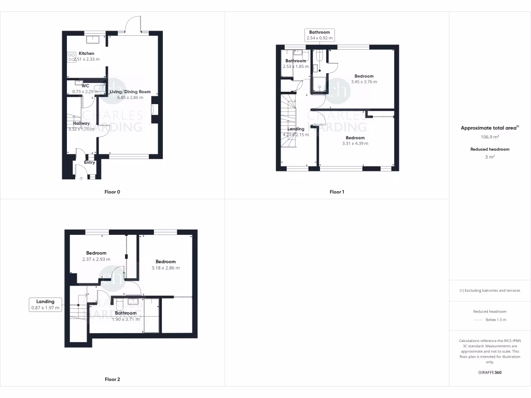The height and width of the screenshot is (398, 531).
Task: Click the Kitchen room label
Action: pyautogui.click(x=87, y=53)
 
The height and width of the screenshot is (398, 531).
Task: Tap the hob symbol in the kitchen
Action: pyautogui.click(x=72, y=56)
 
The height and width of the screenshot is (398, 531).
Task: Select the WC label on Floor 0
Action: pyautogui.click(x=78, y=86)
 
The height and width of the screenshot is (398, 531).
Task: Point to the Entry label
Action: pyautogui.click(x=90, y=162)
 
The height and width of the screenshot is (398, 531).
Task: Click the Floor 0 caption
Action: pyautogui.click(x=112, y=192)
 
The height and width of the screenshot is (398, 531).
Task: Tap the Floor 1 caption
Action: pyautogui.click(x=337, y=192)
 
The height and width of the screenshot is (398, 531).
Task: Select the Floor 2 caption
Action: pyautogui.click(x=112, y=379)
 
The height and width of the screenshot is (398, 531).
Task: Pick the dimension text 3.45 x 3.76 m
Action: pyautogui.click(x=364, y=82)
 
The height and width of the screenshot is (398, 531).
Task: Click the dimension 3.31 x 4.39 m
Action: pyautogui.click(x=355, y=144)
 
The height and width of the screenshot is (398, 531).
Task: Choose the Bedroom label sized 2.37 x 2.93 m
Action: pyautogui.click(x=96, y=253)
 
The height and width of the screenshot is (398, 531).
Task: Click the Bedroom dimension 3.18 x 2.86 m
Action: pyautogui.click(x=165, y=268)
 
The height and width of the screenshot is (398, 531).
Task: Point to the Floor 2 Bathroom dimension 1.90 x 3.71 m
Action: pyautogui.click(x=125, y=319)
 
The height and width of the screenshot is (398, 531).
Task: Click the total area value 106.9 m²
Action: pyautogui.click(x=490, y=137)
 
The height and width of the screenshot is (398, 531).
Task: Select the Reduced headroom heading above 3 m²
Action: pyautogui.click(x=490, y=149)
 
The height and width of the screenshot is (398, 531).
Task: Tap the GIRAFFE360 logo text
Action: pyautogui.click(x=490, y=372)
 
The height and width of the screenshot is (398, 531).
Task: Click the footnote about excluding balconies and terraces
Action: pyautogui.click(x=490, y=291)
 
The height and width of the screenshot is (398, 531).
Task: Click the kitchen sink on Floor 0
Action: pyautogui.click(x=94, y=37)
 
